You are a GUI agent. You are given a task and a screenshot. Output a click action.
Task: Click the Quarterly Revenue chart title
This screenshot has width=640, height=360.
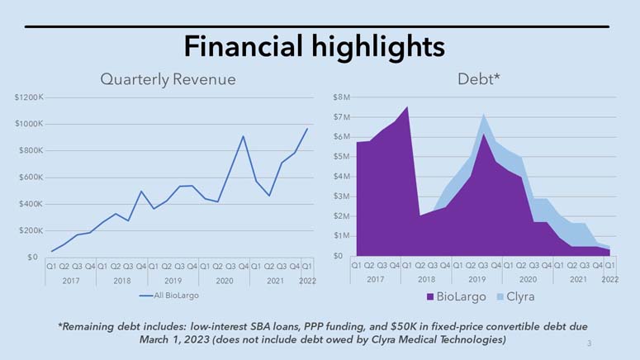[168, 79]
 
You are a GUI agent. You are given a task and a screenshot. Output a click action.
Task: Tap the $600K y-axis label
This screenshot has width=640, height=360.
[30, 178]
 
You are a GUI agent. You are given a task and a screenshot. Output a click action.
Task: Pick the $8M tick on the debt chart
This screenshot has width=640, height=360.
[342, 97]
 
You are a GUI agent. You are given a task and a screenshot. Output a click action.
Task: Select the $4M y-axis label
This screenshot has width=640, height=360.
[342, 177]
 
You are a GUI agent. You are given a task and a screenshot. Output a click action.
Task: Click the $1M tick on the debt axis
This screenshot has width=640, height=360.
[342, 236]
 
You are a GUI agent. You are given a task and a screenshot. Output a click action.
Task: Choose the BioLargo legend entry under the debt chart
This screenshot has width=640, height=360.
[455, 295]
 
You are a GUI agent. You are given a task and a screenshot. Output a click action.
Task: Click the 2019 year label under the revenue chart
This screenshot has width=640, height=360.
[173, 280]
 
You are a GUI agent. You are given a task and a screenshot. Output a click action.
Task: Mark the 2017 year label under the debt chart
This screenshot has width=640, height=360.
[375, 280]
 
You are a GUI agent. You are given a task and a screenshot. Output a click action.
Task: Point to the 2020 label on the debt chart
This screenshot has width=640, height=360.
[528, 280]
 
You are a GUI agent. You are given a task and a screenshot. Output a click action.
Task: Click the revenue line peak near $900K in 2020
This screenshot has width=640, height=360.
[243, 136]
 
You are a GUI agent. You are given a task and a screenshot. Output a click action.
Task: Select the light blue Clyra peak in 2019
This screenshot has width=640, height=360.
[483, 115]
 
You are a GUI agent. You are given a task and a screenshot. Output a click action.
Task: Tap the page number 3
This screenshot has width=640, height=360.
[589, 342]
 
